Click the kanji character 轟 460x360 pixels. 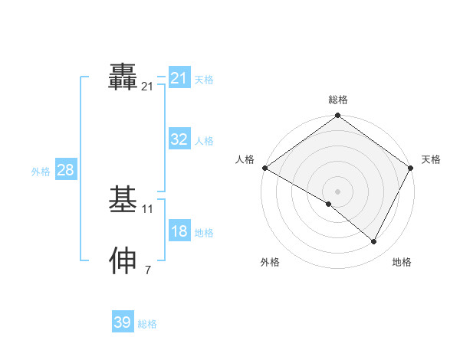123,77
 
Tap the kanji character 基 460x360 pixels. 123,199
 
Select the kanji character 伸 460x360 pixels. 123,260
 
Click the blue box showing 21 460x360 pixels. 179,78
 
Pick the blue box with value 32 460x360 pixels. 179,139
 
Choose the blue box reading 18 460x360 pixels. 179,232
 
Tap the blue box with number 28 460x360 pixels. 65,170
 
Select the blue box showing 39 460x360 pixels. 122,322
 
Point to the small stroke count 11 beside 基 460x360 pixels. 148,209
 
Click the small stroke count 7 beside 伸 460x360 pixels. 148,270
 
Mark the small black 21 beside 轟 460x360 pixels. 148,87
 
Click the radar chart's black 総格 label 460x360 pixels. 338,100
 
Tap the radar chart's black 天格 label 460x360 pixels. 431,159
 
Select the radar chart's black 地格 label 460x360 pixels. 402,262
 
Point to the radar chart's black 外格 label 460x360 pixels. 270,262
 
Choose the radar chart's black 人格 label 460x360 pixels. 245,159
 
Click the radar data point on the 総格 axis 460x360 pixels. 338,116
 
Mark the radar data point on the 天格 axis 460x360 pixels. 412,168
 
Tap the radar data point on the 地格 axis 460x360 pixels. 374,242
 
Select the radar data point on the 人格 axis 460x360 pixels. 264,168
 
